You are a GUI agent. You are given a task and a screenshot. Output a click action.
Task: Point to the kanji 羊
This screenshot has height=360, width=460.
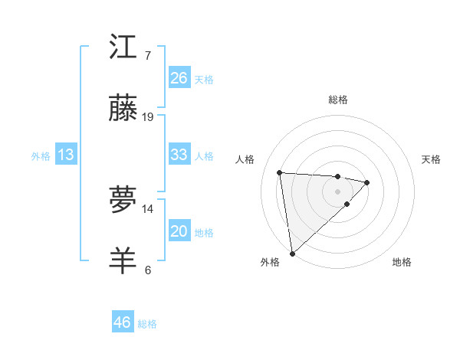(123, 260)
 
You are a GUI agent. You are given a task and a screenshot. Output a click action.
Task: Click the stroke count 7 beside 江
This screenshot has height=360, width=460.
(147, 56)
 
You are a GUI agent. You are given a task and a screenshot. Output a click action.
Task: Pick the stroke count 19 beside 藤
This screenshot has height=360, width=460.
(148, 117)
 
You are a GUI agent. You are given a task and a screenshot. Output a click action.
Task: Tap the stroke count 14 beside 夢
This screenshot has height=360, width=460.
(148, 208)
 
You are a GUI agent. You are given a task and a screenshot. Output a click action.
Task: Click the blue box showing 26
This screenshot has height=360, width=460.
(179, 78)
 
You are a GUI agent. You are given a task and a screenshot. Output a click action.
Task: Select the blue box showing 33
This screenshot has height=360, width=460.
(179, 155)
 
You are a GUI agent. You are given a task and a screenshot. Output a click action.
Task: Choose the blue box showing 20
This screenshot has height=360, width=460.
(179, 231)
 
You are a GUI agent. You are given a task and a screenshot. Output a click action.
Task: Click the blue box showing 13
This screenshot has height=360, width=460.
(66, 155)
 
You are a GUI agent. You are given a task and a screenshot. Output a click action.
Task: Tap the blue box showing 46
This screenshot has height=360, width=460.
(123, 322)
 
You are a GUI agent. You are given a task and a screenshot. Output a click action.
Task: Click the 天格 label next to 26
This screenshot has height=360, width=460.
(204, 79)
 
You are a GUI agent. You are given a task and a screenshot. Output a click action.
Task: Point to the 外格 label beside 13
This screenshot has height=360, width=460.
(41, 155)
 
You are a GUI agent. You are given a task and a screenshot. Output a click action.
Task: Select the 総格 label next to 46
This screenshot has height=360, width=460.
(147, 324)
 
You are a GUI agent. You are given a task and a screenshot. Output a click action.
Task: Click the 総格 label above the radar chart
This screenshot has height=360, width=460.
(337, 100)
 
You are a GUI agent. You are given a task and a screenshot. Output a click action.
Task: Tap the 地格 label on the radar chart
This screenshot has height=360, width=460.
(402, 262)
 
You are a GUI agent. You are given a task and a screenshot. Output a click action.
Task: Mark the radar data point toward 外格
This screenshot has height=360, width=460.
(292, 253)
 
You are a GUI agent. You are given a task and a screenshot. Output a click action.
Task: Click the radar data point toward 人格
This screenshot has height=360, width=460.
(280, 172)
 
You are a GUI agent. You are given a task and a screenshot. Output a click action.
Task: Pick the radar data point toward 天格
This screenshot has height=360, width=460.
(367, 182)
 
